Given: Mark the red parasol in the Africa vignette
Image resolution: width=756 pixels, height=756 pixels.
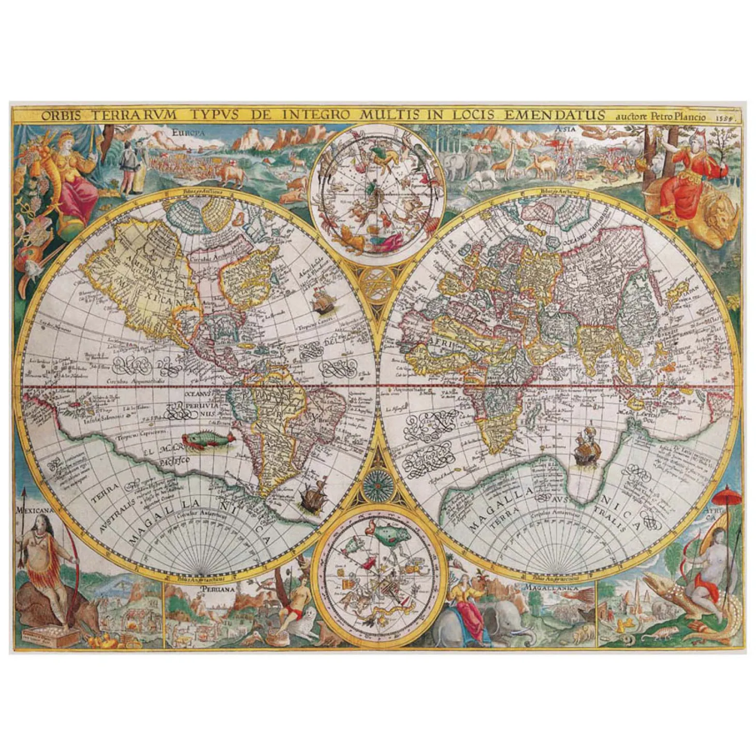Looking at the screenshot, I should (x=724, y=496).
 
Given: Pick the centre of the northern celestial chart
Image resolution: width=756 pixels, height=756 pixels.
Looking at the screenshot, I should (x=377, y=192).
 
